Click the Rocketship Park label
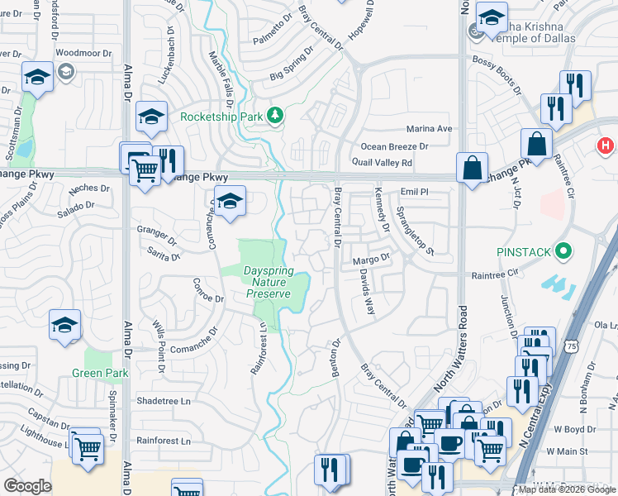point(221,117)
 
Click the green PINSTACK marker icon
point(564,250)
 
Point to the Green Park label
point(106,373)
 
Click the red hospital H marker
point(606,146)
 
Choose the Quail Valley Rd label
point(382,163)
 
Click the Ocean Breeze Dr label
point(395,146)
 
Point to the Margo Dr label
point(370,260)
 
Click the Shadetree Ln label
point(163,401)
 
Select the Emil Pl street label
point(412,191)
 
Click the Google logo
point(28,486)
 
